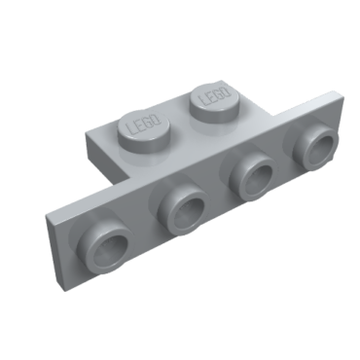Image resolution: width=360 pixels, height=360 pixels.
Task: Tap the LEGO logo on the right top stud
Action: point(214,96)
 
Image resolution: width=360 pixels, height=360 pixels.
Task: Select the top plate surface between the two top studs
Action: point(181,122)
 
